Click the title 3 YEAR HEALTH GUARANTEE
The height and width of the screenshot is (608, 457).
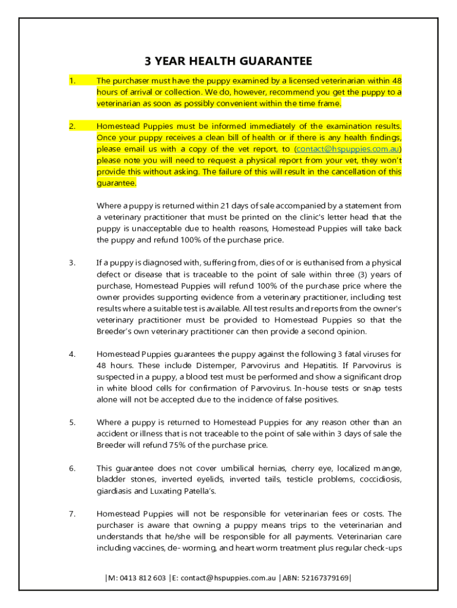(x=228, y=61)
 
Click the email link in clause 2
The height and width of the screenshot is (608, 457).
(x=348, y=149)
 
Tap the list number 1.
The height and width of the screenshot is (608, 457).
(x=72, y=81)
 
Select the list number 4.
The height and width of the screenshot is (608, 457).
(x=72, y=354)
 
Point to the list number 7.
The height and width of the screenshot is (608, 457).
(x=72, y=514)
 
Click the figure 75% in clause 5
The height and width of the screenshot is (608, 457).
(x=172, y=445)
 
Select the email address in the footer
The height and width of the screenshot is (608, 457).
(x=224, y=578)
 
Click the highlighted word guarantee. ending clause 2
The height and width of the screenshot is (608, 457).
(x=116, y=183)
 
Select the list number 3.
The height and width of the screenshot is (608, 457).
(x=72, y=263)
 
